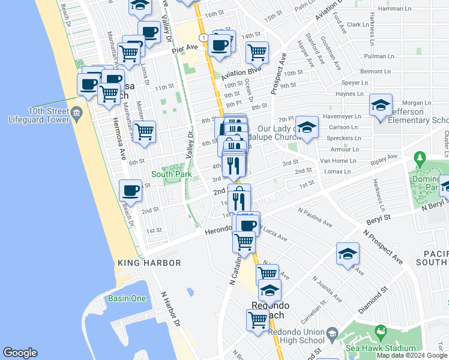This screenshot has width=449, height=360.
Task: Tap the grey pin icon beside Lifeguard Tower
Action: (76, 112)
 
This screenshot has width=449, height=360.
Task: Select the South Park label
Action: (171, 174)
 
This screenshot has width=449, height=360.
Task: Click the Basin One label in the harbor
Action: (127, 298)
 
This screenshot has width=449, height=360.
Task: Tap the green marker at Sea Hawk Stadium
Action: (379, 331)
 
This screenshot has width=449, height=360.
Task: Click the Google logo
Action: (20, 353)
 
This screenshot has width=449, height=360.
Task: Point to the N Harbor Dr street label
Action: (170, 309)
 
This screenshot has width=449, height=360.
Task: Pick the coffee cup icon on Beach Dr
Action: (130, 191)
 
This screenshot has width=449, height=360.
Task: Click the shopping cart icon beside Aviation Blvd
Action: (257, 52)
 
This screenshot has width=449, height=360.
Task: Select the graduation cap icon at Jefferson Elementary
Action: (381, 105)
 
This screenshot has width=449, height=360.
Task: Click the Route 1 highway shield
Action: (205, 37)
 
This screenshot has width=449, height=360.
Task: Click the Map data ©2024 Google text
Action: (412, 355)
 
